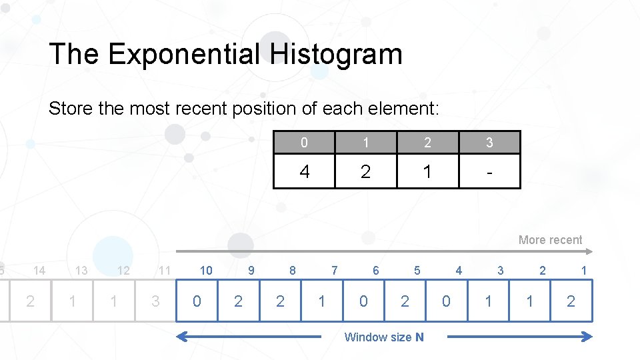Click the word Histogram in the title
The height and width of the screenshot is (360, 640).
[x=336, y=54]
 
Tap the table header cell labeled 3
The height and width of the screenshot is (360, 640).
[x=489, y=143]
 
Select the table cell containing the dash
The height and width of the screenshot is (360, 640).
[x=489, y=172]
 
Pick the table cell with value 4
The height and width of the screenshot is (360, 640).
[x=305, y=172]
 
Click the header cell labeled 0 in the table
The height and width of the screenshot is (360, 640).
[x=305, y=143]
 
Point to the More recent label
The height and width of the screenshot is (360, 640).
[x=550, y=240]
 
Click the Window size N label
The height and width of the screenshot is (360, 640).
[x=383, y=337]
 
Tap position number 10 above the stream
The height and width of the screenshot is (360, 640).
[x=206, y=271]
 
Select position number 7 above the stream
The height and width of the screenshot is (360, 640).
[x=335, y=271]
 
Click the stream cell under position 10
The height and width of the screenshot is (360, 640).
[x=197, y=301]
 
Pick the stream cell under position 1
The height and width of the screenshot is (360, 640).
[x=571, y=301]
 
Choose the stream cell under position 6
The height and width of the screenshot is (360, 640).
[x=363, y=301]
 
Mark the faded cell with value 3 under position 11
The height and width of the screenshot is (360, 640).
[x=155, y=301]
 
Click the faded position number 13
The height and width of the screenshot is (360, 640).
[x=81, y=271]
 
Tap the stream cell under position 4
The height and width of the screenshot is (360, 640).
[x=446, y=301]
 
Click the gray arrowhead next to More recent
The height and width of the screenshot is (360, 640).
[x=589, y=251]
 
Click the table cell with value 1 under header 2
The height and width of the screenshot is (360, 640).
[x=427, y=172]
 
